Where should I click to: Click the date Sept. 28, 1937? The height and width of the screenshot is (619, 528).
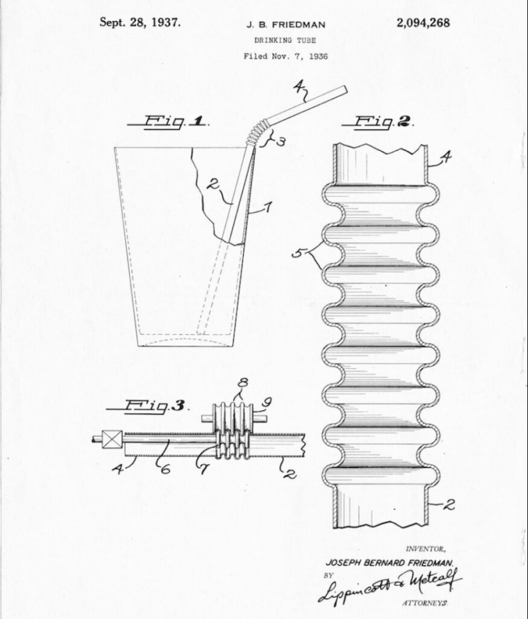(x=140, y=22)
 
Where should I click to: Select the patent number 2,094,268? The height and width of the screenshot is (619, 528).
(x=423, y=23)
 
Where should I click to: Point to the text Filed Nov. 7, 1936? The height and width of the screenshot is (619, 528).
(x=285, y=56)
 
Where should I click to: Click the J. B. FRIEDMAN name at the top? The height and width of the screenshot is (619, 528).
(x=285, y=25)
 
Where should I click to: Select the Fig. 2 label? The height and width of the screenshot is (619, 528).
(x=378, y=122)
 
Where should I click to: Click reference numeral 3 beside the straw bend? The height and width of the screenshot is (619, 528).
(x=280, y=142)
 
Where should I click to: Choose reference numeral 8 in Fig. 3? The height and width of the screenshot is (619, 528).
(x=243, y=384)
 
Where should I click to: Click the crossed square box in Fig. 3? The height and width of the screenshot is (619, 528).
(x=113, y=440)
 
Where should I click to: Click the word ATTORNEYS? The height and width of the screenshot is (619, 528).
(x=424, y=603)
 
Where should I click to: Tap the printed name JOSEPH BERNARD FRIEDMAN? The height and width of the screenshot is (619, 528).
(x=390, y=562)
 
